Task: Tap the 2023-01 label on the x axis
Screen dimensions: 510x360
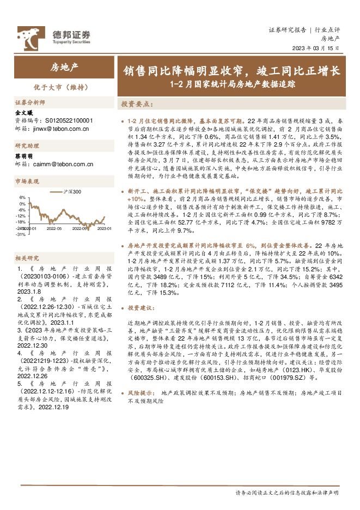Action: coord(103,229)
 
